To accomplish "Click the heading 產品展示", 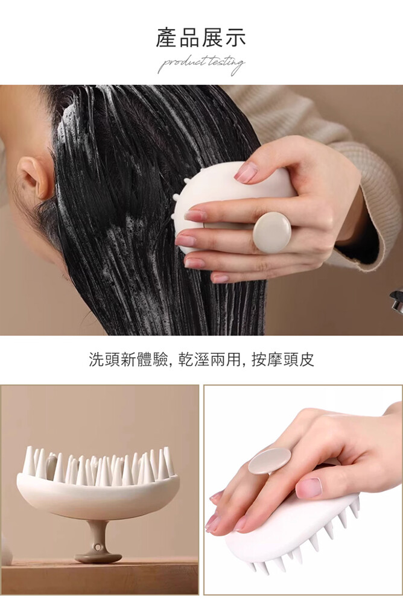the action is [200, 38].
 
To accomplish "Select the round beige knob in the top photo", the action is [271, 233].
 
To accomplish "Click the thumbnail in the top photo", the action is [246, 172].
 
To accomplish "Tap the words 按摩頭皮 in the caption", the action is [282, 359].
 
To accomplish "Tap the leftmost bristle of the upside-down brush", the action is [28, 459].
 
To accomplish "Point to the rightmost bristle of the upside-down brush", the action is [168, 460].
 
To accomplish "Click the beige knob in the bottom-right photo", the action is [270, 460].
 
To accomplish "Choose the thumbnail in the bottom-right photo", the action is [309, 487].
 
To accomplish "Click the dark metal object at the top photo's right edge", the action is [396, 301].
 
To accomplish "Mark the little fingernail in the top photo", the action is [220, 278].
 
